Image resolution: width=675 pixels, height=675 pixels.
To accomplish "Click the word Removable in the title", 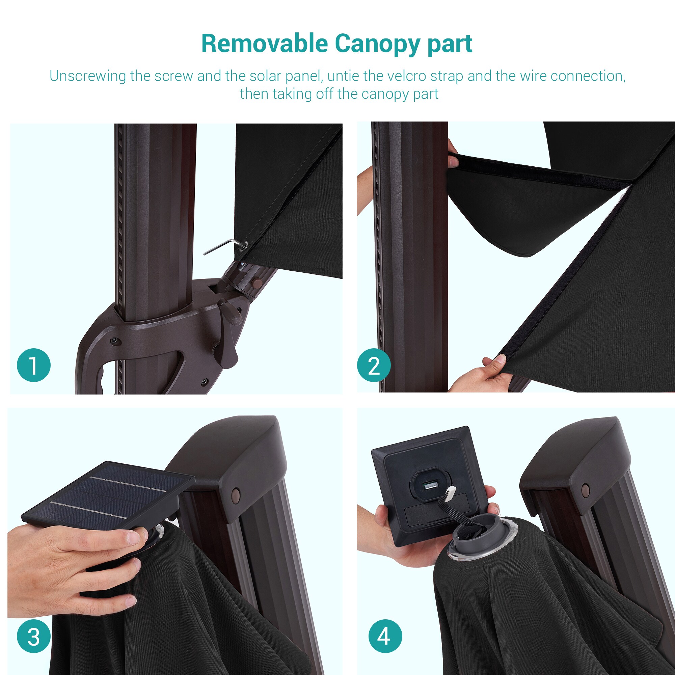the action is point(265,44).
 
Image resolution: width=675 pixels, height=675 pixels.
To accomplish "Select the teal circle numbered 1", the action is point(34,365).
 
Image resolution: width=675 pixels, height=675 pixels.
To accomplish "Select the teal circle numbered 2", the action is point(374,365).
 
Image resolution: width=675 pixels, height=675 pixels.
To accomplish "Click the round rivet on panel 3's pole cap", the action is point(236,495).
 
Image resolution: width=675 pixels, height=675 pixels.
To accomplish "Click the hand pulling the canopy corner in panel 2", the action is point(482,374).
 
